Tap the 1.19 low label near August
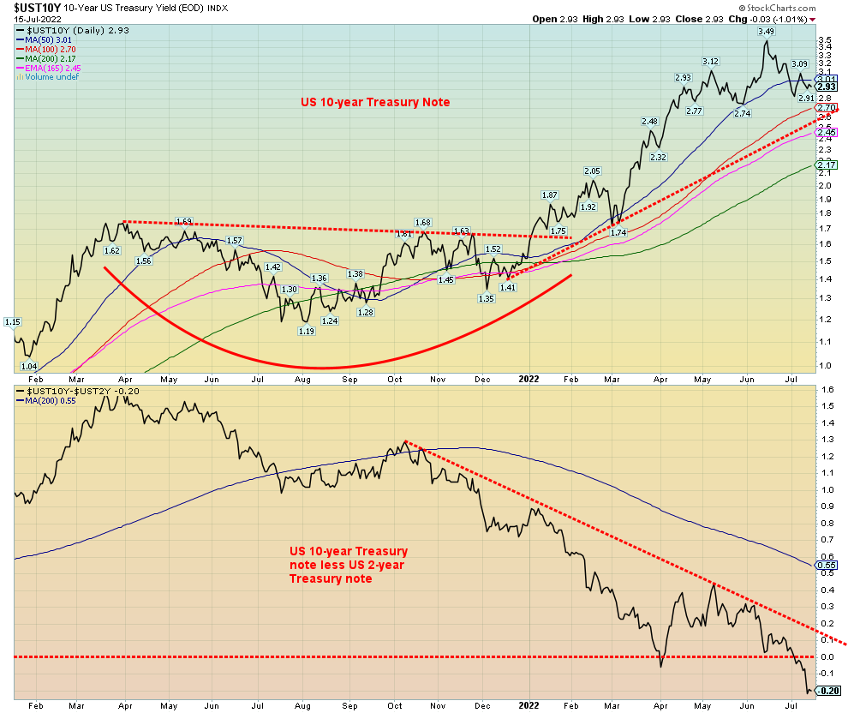coord(306,331)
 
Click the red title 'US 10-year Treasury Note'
coord(375,102)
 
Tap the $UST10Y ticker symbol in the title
coord(33,8)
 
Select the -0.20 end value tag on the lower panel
coord(827,691)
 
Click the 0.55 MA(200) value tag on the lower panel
coord(827,565)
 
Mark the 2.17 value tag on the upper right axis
coord(827,165)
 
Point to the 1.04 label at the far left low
coord(28,366)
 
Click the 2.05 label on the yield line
coord(593,171)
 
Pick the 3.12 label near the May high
coord(710,62)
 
